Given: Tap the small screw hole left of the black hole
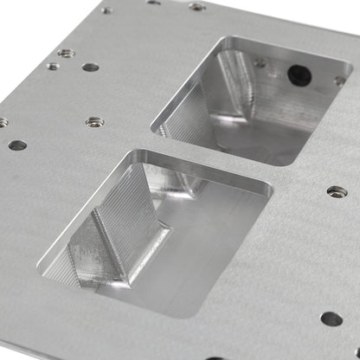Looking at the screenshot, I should (260, 62).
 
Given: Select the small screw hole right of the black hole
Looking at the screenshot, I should (338, 80).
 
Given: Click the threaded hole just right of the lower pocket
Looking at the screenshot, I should (337, 191).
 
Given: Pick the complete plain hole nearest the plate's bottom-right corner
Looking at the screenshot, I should (331, 318).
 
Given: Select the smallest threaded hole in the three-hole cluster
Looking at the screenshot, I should (53, 66).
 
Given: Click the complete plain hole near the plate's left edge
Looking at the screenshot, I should (16, 145).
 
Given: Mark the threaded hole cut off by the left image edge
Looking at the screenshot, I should (3, 122).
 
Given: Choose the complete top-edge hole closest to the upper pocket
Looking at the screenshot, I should (197, 7).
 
